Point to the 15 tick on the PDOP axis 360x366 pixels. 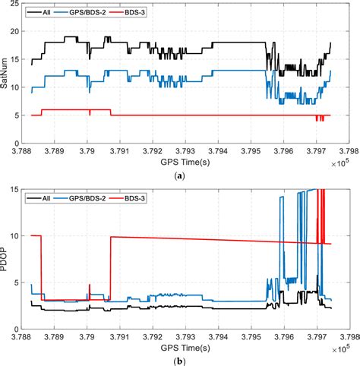(18, 190)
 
